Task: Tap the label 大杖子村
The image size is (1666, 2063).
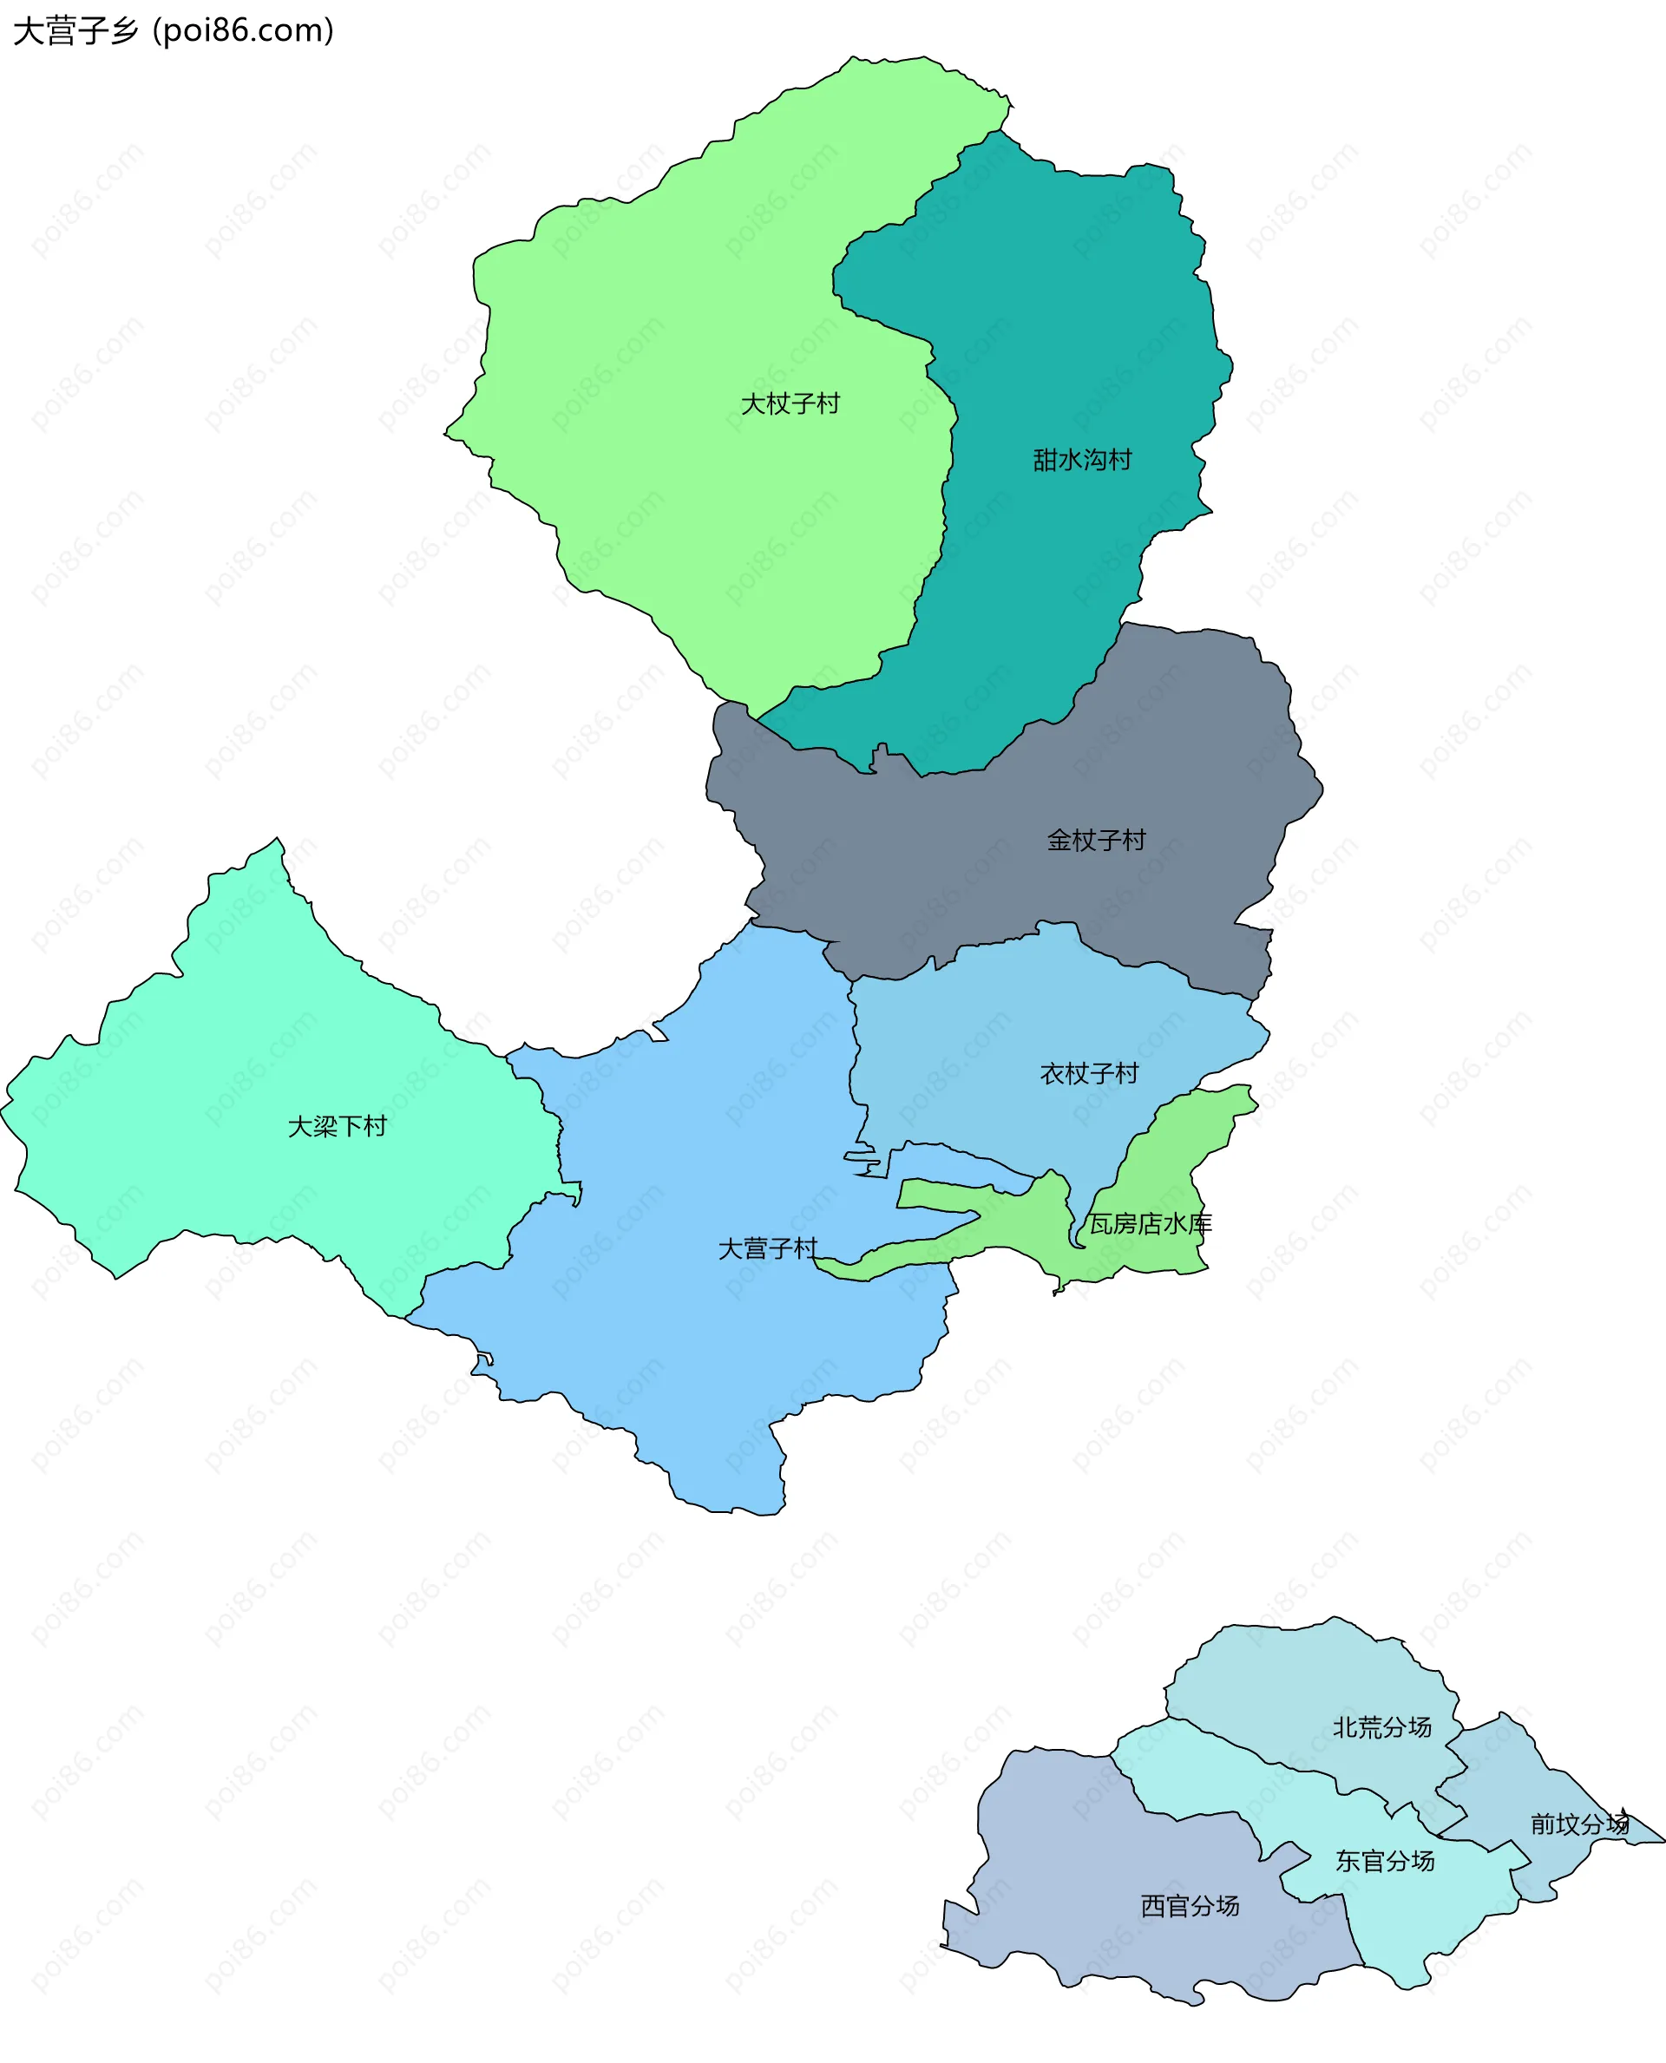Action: (x=790, y=404)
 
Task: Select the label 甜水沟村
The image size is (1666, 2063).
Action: (x=1081, y=461)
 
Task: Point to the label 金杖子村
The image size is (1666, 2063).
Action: (x=1096, y=841)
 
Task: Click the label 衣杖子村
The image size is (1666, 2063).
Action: (x=1089, y=1074)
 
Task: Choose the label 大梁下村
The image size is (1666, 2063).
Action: (x=337, y=1126)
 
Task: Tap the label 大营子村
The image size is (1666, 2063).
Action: (x=768, y=1248)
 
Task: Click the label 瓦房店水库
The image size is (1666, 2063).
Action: (x=1150, y=1223)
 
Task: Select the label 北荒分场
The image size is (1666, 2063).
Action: (x=1382, y=1727)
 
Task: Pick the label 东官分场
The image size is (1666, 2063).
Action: (x=1385, y=1862)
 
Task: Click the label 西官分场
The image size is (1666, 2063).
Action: (x=1190, y=1906)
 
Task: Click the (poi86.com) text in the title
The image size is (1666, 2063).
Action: (x=244, y=30)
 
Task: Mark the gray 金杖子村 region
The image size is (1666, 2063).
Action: (x=960, y=863)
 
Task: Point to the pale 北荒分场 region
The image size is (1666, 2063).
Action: (x=1295, y=1680)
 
